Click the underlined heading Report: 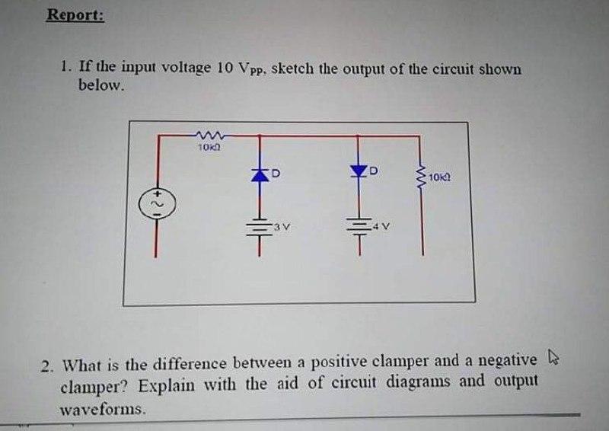75,15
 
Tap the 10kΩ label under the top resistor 208,146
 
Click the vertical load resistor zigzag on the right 420,177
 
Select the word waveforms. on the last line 102,410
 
